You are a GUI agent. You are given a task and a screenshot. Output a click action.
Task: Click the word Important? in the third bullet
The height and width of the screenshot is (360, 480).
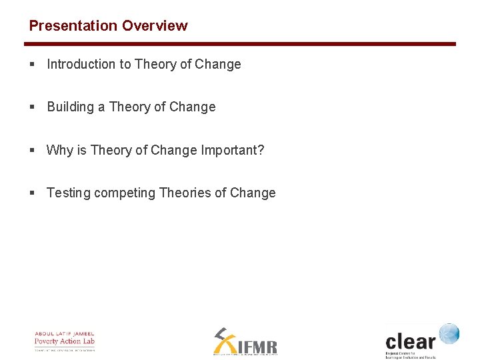point(233,150)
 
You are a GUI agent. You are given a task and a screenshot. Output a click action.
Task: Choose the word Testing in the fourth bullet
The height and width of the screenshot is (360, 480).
point(69,193)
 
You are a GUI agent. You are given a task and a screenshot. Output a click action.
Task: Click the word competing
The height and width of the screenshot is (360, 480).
point(125,193)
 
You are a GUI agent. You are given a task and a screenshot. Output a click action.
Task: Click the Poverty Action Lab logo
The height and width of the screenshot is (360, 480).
point(65,341)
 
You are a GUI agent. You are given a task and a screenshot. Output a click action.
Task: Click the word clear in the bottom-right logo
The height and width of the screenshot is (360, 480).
point(410,341)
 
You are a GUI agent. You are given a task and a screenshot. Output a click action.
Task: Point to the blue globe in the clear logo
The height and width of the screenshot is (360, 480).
point(449,333)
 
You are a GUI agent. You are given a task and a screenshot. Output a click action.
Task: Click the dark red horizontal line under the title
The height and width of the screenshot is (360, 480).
point(240,44)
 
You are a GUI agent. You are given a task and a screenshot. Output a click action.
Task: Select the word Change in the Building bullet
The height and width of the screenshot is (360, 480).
point(193,107)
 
